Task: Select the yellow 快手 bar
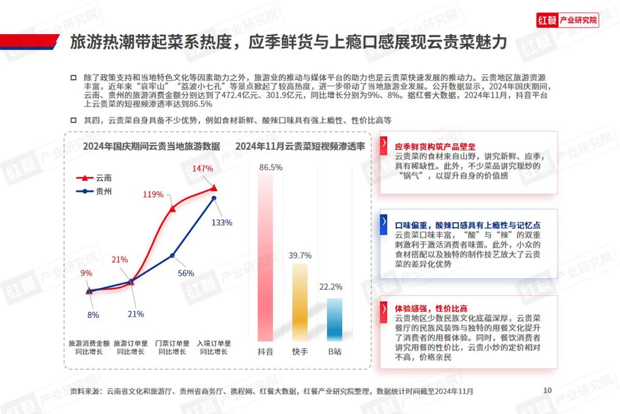click(x=300, y=302)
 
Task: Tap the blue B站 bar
click(x=334, y=319)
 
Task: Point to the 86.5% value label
click(x=271, y=167)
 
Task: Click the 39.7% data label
click(x=300, y=255)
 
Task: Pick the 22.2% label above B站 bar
click(x=331, y=287)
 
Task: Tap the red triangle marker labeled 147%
click(x=214, y=188)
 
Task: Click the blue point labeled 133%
click(x=214, y=198)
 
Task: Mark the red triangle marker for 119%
click(x=172, y=209)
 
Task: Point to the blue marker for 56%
click(x=172, y=255)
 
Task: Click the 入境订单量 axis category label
click(x=214, y=347)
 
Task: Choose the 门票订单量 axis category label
click(x=172, y=347)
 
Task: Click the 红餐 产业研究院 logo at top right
click(x=567, y=20)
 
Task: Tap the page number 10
click(x=547, y=390)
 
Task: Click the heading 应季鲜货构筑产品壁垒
click(x=435, y=147)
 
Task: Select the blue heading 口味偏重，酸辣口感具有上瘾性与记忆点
click(x=467, y=225)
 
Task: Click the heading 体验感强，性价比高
click(x=431, y=308)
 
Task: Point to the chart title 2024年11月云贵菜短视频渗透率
click(x=300, y=146)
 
